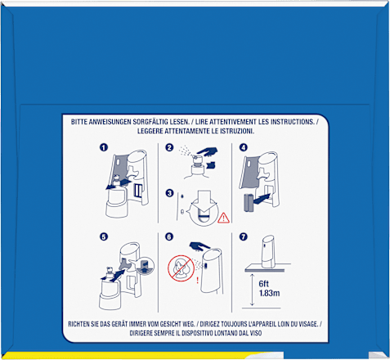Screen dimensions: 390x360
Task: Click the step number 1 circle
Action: point(104,147)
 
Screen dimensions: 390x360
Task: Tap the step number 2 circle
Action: point(169,147)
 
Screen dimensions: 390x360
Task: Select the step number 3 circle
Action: point(169,193)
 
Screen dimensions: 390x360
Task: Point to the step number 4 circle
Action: point(244,147)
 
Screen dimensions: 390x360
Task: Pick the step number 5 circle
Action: point(104,236)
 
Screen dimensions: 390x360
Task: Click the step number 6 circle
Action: point(169,236)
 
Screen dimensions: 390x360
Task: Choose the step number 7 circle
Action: point(244,236)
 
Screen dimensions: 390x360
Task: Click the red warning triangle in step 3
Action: point(223,218)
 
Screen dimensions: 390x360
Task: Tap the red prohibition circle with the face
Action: point(181,268)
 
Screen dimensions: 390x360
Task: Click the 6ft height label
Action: point(264,284)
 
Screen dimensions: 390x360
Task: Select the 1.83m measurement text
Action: point(269,293)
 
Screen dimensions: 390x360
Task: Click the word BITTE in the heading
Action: point(79,122)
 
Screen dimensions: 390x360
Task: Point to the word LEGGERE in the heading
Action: point(149,131)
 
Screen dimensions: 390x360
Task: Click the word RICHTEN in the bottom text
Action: point(79,324)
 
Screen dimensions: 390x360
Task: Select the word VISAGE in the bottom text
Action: point(308,324)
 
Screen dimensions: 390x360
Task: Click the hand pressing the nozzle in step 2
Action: point(207,151)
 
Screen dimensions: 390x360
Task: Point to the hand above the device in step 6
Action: point(199,245)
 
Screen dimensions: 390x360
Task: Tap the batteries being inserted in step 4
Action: point(248,203)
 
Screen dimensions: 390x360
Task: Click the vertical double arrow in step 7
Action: point(252,290)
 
